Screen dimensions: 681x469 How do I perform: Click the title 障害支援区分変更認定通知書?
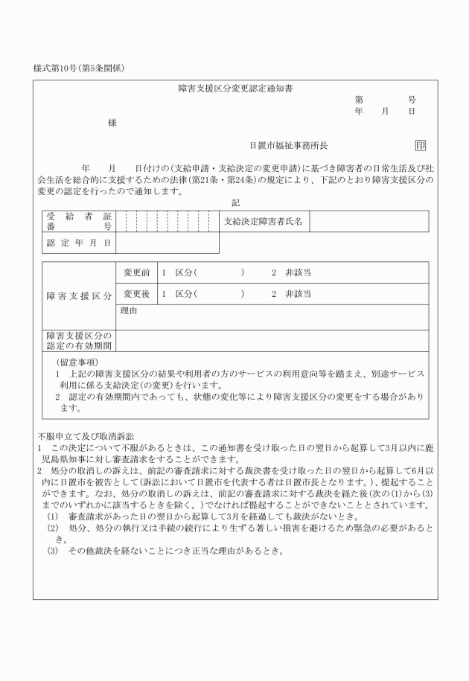click(235, 89)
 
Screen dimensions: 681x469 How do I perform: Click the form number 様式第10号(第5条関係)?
click(78, 68)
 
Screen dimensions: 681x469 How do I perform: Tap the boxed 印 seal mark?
click(421, 146)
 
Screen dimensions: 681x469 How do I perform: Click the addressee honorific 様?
click(112, 123)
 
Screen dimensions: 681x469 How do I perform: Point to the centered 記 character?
click(235, 202)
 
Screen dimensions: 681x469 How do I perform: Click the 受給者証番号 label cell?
click(78, 221)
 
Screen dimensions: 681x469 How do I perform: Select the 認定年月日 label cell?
click(78, 243)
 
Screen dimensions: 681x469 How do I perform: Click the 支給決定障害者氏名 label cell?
click(264, 221)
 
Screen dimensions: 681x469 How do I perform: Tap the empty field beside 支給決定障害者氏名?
click(368, 221)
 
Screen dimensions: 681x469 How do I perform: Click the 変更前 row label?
click(137, 272)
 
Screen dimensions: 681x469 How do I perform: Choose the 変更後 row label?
click(137, 294)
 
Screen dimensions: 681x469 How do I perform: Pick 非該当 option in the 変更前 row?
click(298, 272)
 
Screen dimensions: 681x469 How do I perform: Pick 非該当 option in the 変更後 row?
click(298, 294)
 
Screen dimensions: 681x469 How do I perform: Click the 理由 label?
click(129, 311)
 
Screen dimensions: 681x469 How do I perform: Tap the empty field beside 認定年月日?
click(167, 243)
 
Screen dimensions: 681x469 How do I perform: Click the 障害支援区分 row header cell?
click(78, 295)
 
